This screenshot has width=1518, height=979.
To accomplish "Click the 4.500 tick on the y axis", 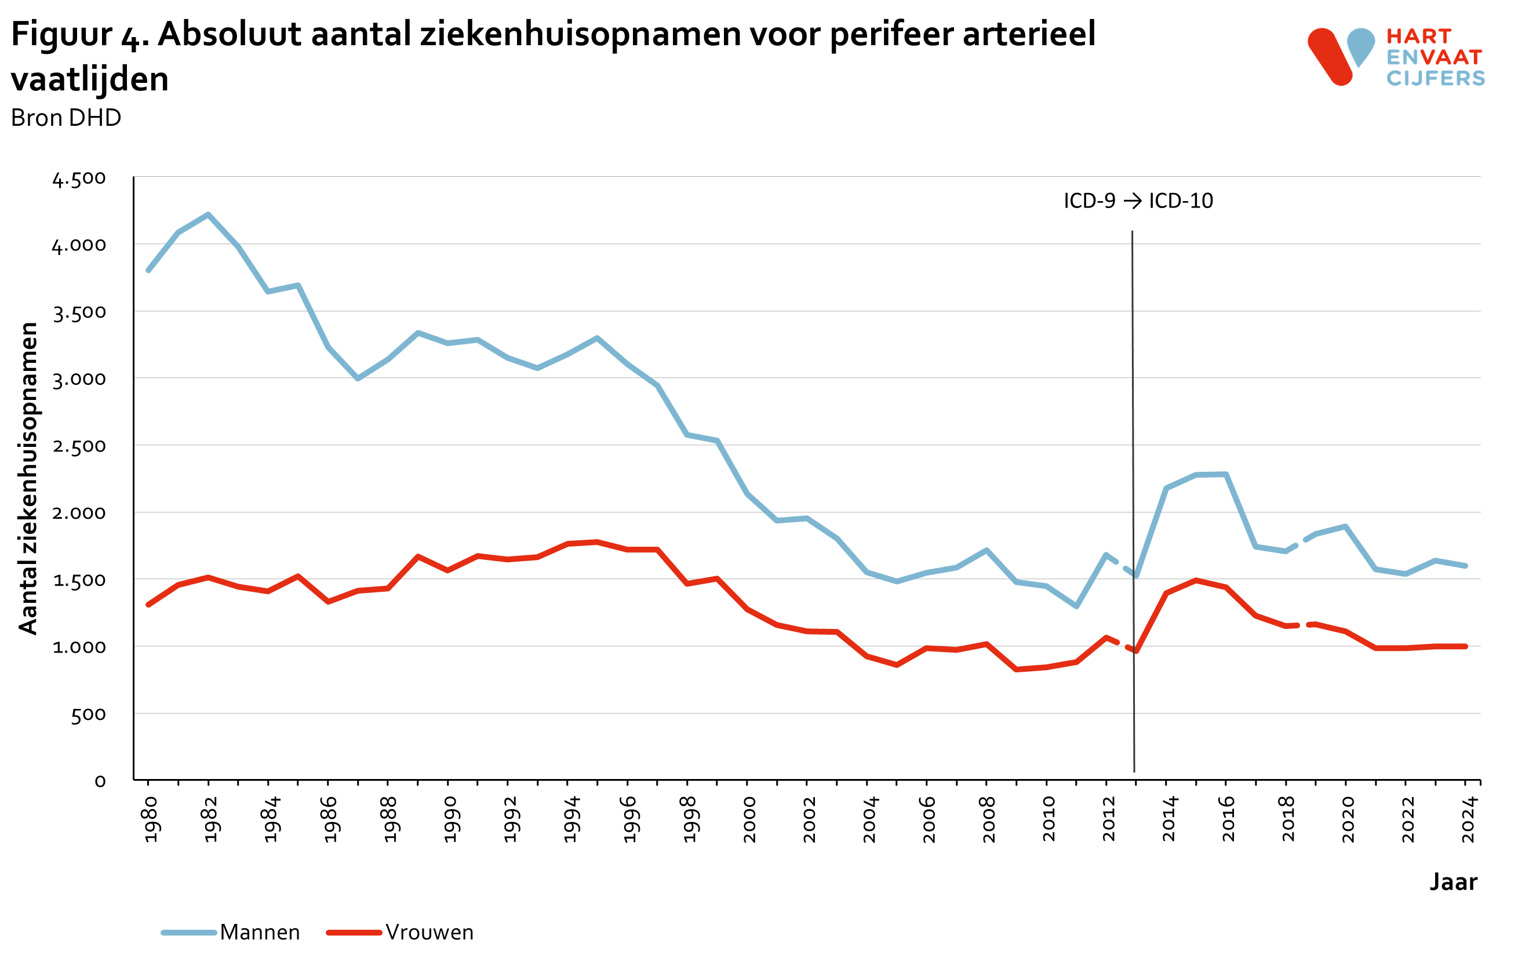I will pos(79,179).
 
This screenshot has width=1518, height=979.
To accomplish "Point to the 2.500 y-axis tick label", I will pos(79,446).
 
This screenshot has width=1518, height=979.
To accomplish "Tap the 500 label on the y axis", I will pos(88,715).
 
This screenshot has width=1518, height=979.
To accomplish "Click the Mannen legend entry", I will pos(259,932).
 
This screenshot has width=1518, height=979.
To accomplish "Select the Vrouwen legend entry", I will pos(429,932).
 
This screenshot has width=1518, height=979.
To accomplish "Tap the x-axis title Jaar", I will pos(1453,882).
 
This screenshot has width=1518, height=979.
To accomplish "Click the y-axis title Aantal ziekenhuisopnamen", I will pos(28,478).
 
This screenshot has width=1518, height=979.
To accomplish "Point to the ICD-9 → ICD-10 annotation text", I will pos(1138,201).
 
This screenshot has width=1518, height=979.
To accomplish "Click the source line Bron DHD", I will pos(66,118).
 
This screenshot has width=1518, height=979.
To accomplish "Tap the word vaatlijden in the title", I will pos(90,79).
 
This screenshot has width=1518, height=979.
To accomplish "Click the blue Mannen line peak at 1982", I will pos(208,215).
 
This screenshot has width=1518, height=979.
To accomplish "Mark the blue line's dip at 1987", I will pos(358,379).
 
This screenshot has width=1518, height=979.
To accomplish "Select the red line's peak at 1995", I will pos(597,543).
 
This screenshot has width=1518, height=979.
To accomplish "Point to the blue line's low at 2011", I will pos(1076,606).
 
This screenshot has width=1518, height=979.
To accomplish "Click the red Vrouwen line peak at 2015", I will pos(1196,580).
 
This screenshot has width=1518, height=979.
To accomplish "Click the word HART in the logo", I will pos(1419,37).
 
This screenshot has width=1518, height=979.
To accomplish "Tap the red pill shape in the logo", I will pos(1330,56).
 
